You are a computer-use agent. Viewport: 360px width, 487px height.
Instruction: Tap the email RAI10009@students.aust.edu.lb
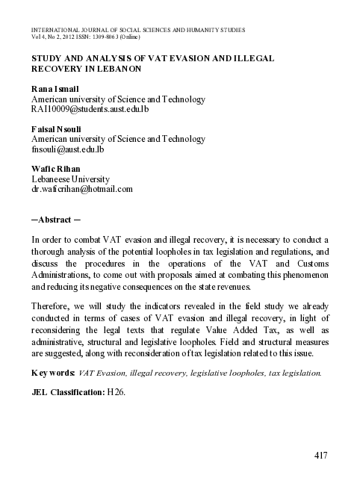coord(90,111)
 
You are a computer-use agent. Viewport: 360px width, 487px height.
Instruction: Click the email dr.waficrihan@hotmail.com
coord(81,190)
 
